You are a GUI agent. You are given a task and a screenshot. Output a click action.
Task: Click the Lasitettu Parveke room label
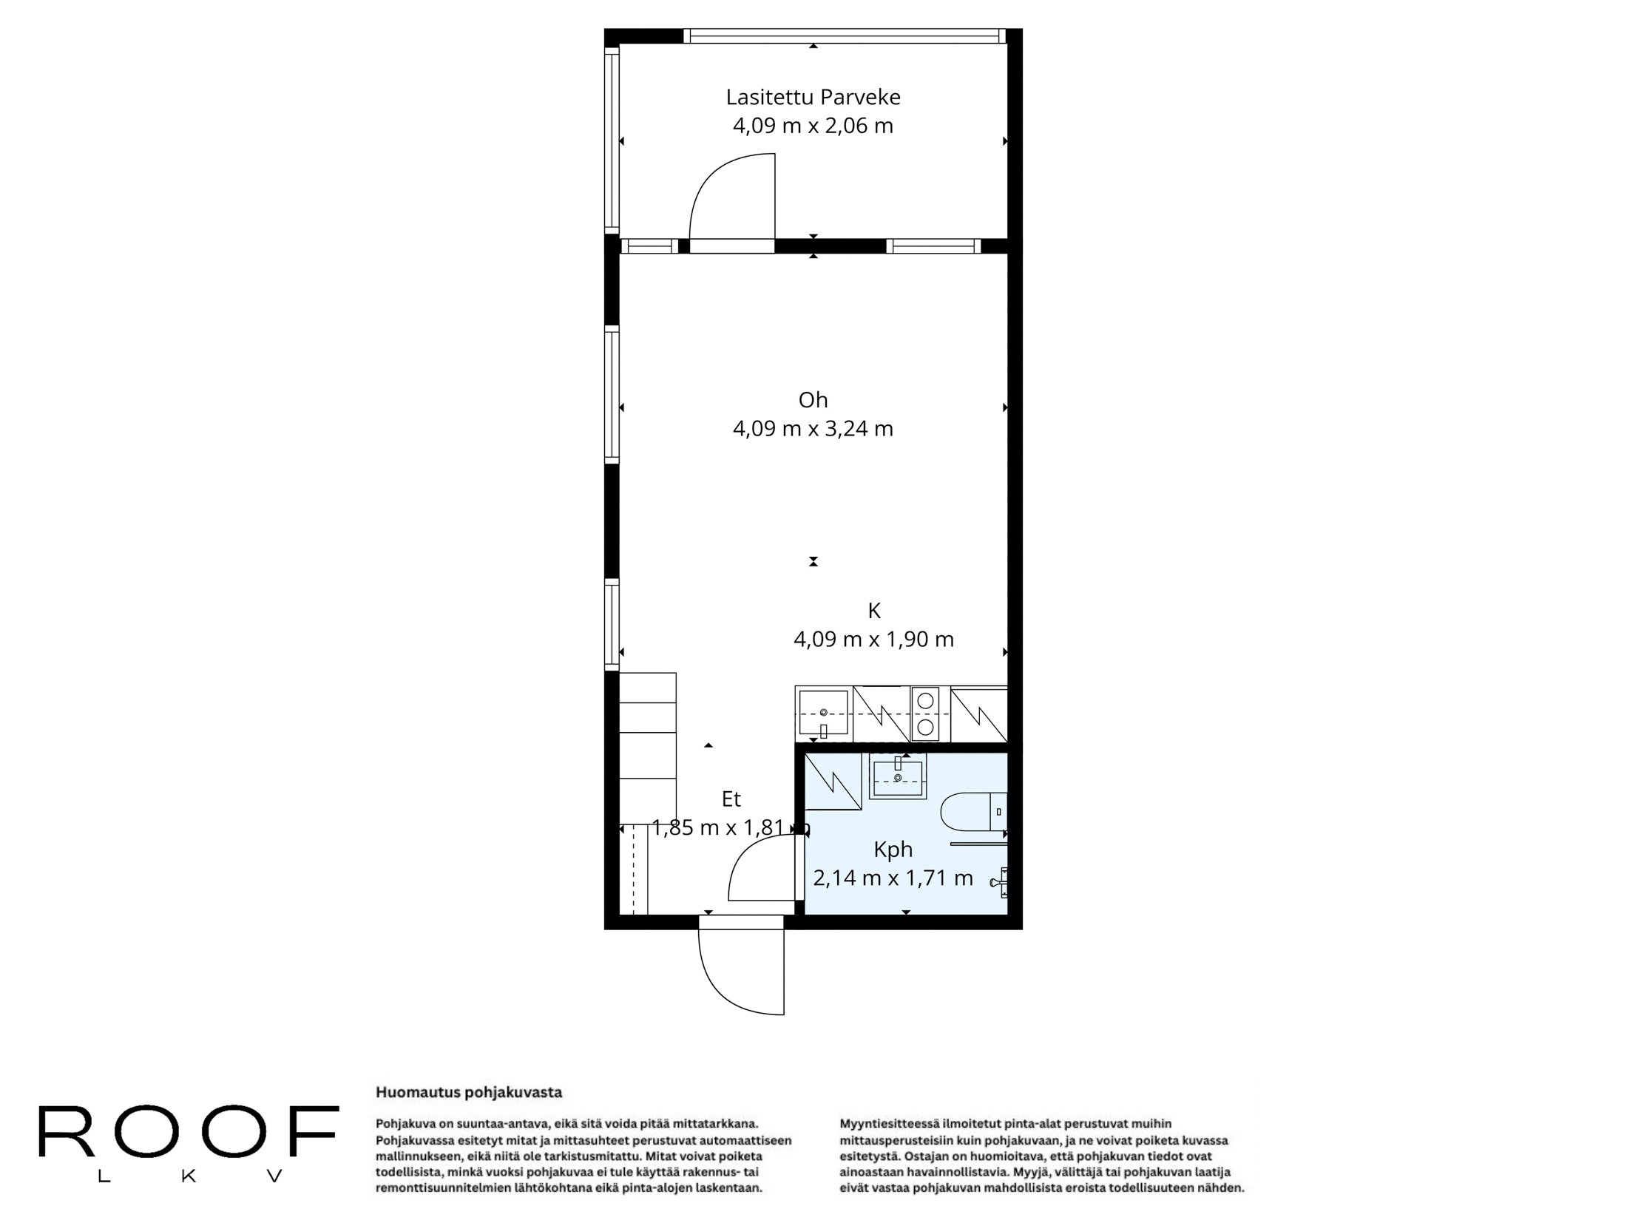[x=813, y=98]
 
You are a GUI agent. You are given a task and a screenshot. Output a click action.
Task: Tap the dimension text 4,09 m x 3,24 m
[x=813, y=429]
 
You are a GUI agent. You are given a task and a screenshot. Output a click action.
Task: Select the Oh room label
[x=813, y=400]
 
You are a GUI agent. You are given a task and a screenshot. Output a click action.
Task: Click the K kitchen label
[x=873, y=611]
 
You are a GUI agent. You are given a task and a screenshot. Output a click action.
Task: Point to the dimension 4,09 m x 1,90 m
[x=873, y=640]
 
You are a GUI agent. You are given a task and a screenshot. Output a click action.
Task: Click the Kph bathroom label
[x=893, y=850]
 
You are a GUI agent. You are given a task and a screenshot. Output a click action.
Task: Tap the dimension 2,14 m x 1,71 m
[x=893, y=878]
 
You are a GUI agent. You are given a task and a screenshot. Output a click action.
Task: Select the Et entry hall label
[x=731, y=799]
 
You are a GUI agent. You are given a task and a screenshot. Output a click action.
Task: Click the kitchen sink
[x=823, y=713]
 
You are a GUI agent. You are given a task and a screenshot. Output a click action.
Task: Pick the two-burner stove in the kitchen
[x=924, y=714]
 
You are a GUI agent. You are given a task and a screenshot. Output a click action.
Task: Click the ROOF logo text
[x=189, y=1132]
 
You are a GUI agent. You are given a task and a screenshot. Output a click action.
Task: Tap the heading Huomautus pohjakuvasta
[x=469, y=1092]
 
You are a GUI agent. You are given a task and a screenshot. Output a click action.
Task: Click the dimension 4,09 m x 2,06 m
[x=813, y=126]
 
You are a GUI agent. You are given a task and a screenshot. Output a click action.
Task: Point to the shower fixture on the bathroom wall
[x=1002, y=881]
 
